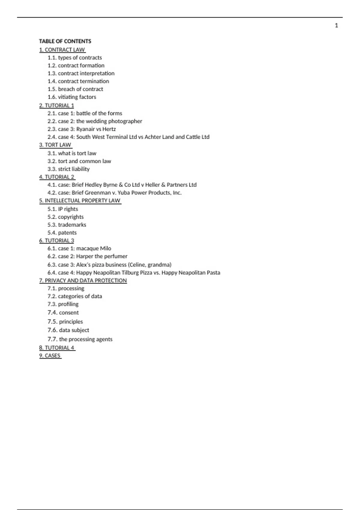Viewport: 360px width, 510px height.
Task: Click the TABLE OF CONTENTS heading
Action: point(65,41)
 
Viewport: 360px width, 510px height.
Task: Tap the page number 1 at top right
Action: point(336,25)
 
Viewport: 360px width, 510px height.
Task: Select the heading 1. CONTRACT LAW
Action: point(62,49)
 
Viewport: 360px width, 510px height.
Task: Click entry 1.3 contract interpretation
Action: point(81,73)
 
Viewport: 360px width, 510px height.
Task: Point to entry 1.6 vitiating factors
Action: point(72,97)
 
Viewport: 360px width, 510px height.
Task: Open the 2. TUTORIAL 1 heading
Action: point(56,105)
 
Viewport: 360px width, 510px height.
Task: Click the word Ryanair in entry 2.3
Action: point(85,129)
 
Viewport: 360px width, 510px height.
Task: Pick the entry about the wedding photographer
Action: point(94,121)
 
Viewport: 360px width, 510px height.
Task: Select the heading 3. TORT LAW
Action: point(55,145)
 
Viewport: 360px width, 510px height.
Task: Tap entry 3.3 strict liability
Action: point(68,169)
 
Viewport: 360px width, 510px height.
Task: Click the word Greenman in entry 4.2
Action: point(97,193)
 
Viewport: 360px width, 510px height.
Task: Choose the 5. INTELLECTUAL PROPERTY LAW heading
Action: point(79,200)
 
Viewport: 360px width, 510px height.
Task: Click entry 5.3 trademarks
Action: point(67,225)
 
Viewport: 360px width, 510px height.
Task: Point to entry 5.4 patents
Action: point(62,232)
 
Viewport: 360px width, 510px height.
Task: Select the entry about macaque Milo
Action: point(79,248)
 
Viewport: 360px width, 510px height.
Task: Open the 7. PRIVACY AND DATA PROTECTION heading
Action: point(83,280)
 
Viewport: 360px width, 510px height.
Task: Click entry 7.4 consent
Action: point(63,313)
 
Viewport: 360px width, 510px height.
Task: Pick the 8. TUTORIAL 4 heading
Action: point(56,348)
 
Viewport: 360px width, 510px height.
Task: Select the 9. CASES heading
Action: point(50,355)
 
